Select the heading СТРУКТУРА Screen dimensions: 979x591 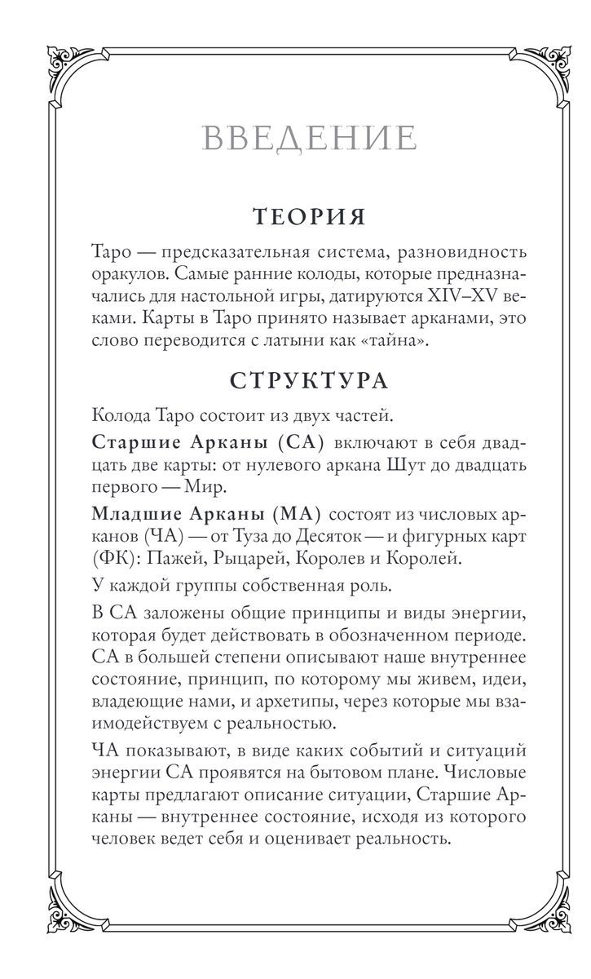[x=309, y=381]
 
